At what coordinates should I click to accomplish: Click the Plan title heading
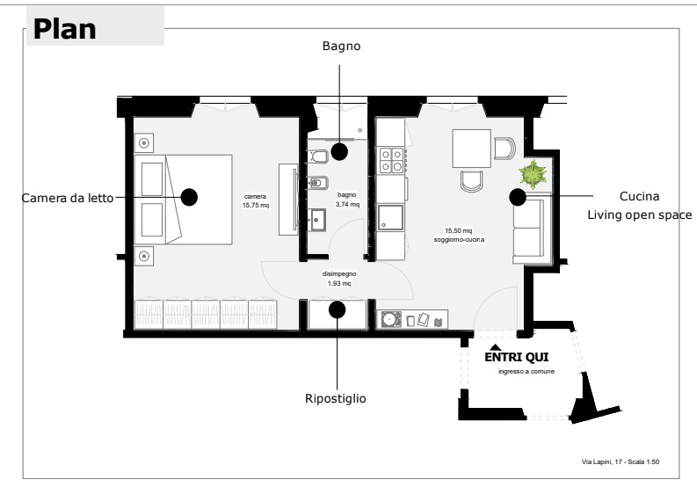click(x=64, y=29)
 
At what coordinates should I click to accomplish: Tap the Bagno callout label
click(x=341, y=47)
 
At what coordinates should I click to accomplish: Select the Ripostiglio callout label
click(x=336, y=398)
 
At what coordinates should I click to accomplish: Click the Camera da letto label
click(x=68, y=198)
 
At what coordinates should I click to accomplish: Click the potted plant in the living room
click(x=533, y=174)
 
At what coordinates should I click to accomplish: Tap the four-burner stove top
click(x=392, y=160)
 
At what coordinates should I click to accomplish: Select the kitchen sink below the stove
click(x=391, y=217)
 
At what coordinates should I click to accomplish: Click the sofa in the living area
click(x=532, y=229)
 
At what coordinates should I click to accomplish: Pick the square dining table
click(x=472, y=148)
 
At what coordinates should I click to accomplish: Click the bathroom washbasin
click(x=318, y=220)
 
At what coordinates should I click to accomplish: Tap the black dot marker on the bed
click(x=189, y=197)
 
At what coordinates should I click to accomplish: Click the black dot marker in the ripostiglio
click(x=337, y=309)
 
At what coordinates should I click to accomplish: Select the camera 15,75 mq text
click(x=256, y=201)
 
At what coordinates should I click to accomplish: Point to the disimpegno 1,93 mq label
click(x=339, y=279)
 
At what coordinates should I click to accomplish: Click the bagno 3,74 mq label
click(x=347, y=200)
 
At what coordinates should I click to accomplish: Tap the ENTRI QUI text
click(x=517, y=357)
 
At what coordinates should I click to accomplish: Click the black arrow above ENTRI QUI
click(x=496, y=347)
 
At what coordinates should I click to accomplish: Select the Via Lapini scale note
click(x=621, y=462)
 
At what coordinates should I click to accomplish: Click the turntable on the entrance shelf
click(x=391, y=319)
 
